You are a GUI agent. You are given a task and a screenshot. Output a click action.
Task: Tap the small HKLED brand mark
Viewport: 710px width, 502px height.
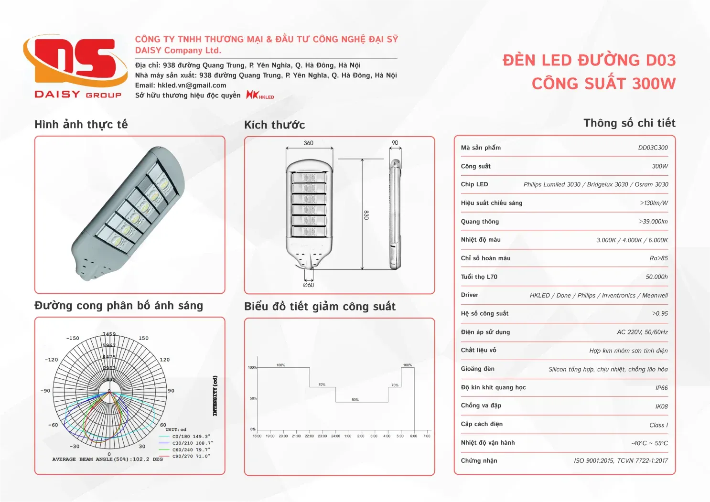tap(260, 95)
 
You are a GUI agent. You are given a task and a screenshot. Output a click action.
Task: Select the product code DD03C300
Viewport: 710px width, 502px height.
tap(653, 148)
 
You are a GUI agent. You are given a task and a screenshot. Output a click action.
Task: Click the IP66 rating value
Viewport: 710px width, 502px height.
tap(661, 388)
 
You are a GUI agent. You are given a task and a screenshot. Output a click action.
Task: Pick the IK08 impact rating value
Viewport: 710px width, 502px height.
tap(661, 406)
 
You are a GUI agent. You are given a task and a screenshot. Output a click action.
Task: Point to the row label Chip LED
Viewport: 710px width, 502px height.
tap(474, 184)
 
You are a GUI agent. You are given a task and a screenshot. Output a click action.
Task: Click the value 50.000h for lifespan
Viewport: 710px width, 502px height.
tap(656, 277)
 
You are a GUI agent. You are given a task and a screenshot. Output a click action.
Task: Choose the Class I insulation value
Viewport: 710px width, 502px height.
tap(658, 425)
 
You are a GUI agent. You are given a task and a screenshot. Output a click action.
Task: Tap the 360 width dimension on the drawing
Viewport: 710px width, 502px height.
tap(309, 143)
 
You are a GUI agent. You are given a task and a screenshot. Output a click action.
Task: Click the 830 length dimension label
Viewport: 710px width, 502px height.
tap(366, 215)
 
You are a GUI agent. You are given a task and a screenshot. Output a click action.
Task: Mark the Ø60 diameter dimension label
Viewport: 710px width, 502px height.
tap(309, 285)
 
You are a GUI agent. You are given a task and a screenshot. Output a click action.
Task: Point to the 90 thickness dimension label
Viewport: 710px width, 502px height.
tap(395, 143)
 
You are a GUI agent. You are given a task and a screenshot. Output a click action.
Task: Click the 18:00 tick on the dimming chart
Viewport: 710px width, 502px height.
tap(257, 436)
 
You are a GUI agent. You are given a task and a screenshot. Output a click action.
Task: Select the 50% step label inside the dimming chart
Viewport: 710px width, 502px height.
tap(355, 400)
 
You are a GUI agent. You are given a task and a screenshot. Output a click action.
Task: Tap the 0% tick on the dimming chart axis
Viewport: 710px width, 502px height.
tap(253, 429)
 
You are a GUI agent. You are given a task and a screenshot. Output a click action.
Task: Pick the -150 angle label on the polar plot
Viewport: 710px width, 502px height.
tap(73, 338)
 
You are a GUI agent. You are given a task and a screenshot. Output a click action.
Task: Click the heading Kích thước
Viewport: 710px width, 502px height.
tap(274, 125)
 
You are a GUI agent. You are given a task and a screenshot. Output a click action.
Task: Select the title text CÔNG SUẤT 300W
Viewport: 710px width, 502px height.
tap(603, 84)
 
